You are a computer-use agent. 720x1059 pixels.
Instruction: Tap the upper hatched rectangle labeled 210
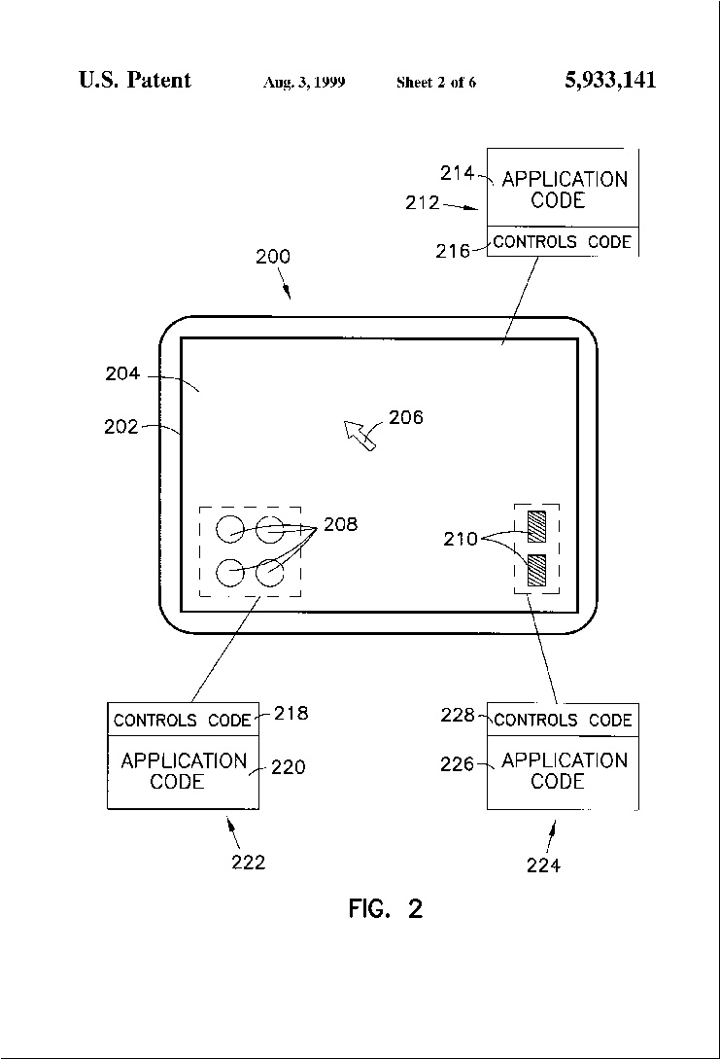[x=536, y=527]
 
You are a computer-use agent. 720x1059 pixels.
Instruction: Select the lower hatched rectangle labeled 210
[x=536, y=569]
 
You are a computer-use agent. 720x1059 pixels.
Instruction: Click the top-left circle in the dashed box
[x=230, y=529]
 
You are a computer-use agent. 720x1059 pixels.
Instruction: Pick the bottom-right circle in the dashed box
[x=270, y=573]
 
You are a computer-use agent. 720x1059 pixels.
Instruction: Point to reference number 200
[x=273, y=257]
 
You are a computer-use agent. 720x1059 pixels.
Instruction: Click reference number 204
[x=122, y=373]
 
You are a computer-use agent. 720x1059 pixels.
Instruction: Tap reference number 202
[x=120, y=427]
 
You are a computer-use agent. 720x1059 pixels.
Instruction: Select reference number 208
[x=341, y=524]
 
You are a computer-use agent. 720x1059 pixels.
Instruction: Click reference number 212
[x=423, y=202]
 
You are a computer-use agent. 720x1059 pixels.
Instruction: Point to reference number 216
[x=453, y=251]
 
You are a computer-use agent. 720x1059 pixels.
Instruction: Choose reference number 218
[x=291, y=713]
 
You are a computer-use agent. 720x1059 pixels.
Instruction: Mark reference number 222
[x=249, y=863]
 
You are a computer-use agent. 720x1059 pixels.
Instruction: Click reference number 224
[x=543, y=865]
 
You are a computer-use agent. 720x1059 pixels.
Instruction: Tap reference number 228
[x=459, y=715]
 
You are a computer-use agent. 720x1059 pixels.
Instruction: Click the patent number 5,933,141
[x=610, y=80]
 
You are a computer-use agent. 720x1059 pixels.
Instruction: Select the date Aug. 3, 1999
[x=304, y=83]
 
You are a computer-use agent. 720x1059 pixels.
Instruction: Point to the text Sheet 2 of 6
[x=436, y=83]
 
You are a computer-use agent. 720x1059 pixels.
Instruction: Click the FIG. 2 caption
[x=386, y=908]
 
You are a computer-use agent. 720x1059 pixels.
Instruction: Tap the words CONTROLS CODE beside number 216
[x=562, y=242]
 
